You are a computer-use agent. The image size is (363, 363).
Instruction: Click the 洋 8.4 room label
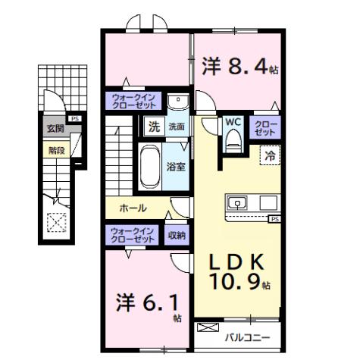pos(239,67)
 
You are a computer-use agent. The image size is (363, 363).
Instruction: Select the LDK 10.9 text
pos(238,272)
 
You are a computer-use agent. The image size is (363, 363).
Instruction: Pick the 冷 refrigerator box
pos(269,155)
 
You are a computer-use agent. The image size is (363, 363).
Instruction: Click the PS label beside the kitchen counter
pos(274,219)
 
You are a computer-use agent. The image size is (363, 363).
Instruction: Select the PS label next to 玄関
pos(74,119)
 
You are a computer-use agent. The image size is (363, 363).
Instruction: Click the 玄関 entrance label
pos(54,128)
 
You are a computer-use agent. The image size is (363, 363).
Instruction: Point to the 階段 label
pos(56,150)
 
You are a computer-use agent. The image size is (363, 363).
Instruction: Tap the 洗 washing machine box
pos(153,127)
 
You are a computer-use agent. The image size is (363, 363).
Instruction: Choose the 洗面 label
pos(176,127)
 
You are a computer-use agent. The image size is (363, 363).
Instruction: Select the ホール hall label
pos(132,208)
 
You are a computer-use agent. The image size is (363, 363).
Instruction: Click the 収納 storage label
pos(176,235)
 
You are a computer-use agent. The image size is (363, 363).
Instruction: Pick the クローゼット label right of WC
pos(266,127)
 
